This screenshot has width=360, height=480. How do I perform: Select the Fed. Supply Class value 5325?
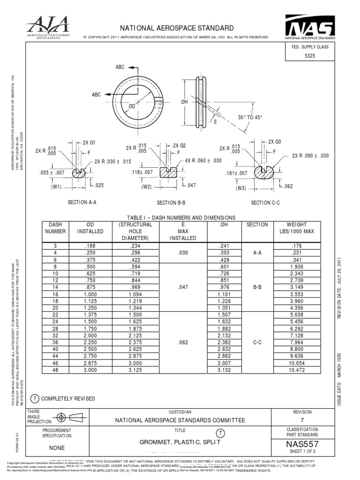[x=311, y=55]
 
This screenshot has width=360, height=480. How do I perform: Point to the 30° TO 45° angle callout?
[x=250, y=117]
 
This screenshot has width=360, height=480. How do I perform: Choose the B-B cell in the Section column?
[x=257, y=287]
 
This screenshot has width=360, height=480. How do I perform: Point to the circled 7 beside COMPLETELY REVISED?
[x=34, y=398]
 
